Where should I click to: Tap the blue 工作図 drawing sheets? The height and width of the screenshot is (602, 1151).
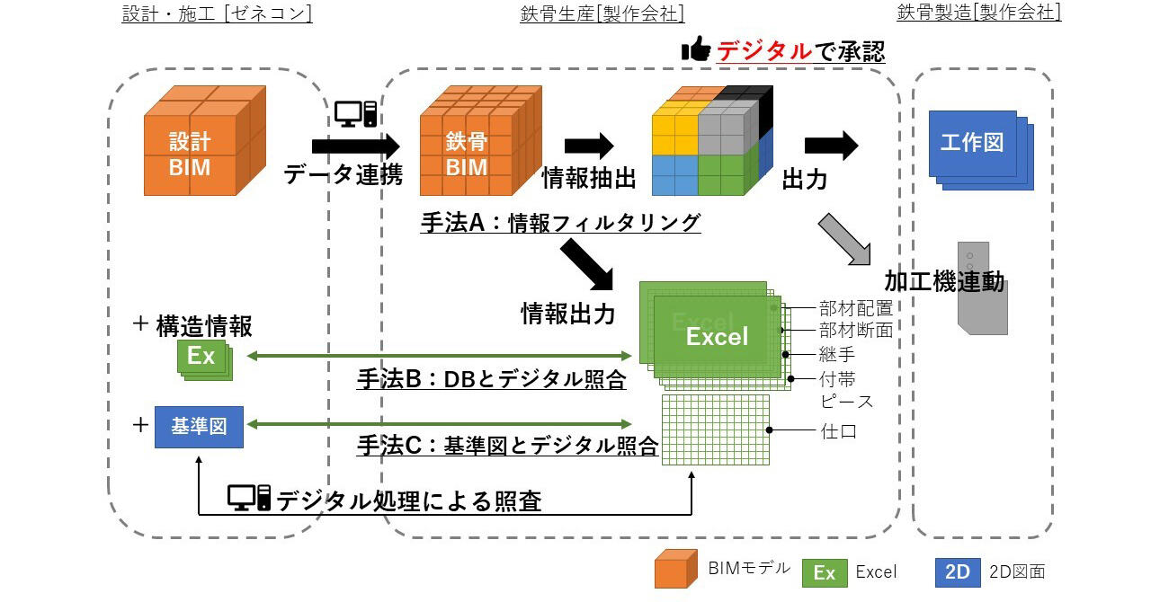click(x=978, y=146)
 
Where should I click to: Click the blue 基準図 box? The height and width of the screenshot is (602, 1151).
click(x=199, y=426)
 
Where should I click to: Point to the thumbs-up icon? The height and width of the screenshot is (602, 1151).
click(x=696, y=49)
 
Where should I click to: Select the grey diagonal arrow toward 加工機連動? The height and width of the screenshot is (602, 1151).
click(x=849, y=240)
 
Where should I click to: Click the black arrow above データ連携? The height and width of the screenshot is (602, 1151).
click(x=355, y=146)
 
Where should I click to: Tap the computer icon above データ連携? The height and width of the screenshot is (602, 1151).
click(x=355, y=113)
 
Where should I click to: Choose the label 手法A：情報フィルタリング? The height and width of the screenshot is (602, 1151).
click(x=560, y=223)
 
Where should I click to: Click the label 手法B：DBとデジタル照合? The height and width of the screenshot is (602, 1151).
click(x=491, y=380)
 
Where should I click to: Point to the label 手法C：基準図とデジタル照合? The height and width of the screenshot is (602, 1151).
click(x=507, y=446)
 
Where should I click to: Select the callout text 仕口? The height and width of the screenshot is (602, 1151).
click(x=838, y=431)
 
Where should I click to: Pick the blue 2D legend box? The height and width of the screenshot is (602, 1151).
click(x=958, y=571)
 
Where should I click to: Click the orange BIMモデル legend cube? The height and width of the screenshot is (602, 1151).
click(x=676, y=569)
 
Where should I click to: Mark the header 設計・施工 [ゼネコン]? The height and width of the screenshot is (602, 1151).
click(x=217, y=13)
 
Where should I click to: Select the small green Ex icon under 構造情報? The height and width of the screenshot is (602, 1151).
click(x=203, y=358)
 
